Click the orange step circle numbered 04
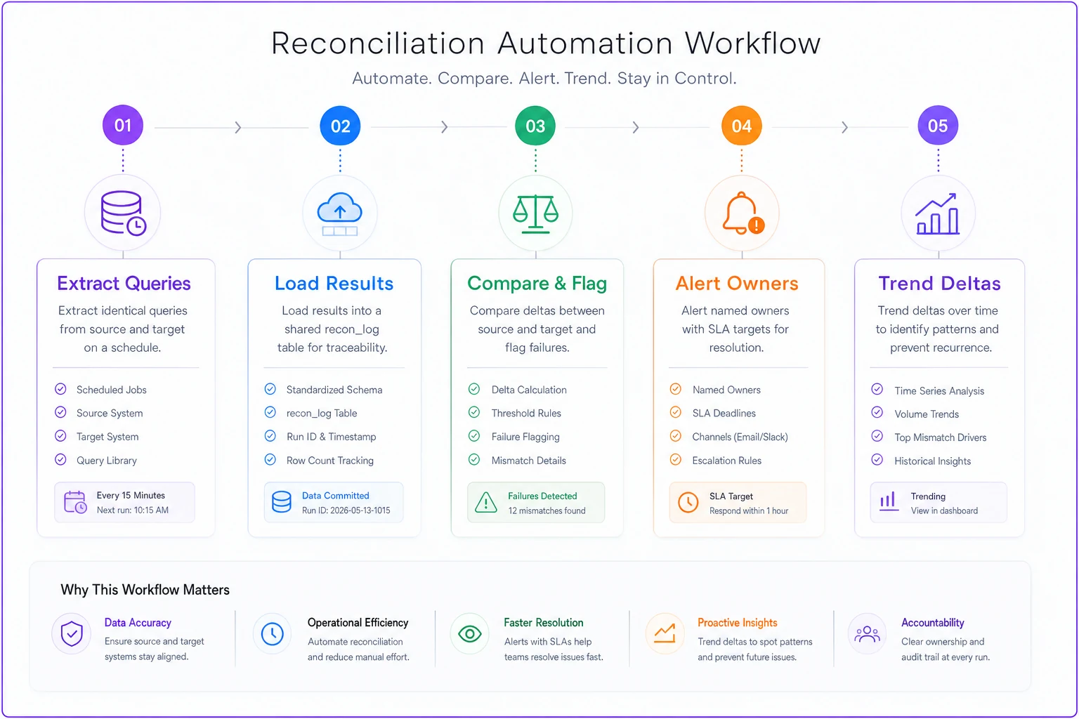(x=741, y=126)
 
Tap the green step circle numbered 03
(x=535, y=126)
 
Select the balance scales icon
(x=536, y=214)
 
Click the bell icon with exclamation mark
(x=743, y=213)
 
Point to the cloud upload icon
(x=339, y=214)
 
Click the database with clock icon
(x=124, y=212)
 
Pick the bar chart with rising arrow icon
(x=937, y=214)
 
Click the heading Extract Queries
(x=124, y=283)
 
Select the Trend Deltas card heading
(x=939, y=283)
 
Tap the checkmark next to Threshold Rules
(x=474, y=412)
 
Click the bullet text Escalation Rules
(x=726, y=461)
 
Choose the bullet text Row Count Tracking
(x=330, y=461)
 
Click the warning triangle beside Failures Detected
(x=485, y=502)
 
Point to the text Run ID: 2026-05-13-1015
(x=346, y=510)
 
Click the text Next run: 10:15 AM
(x=133, y=510)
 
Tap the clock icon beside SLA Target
(x=688, y=502)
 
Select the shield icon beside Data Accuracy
(x=72, y=633)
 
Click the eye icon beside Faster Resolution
(x=470, y=634)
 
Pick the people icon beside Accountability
(x=867, y=634)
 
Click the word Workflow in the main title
(x=753, y=43)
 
